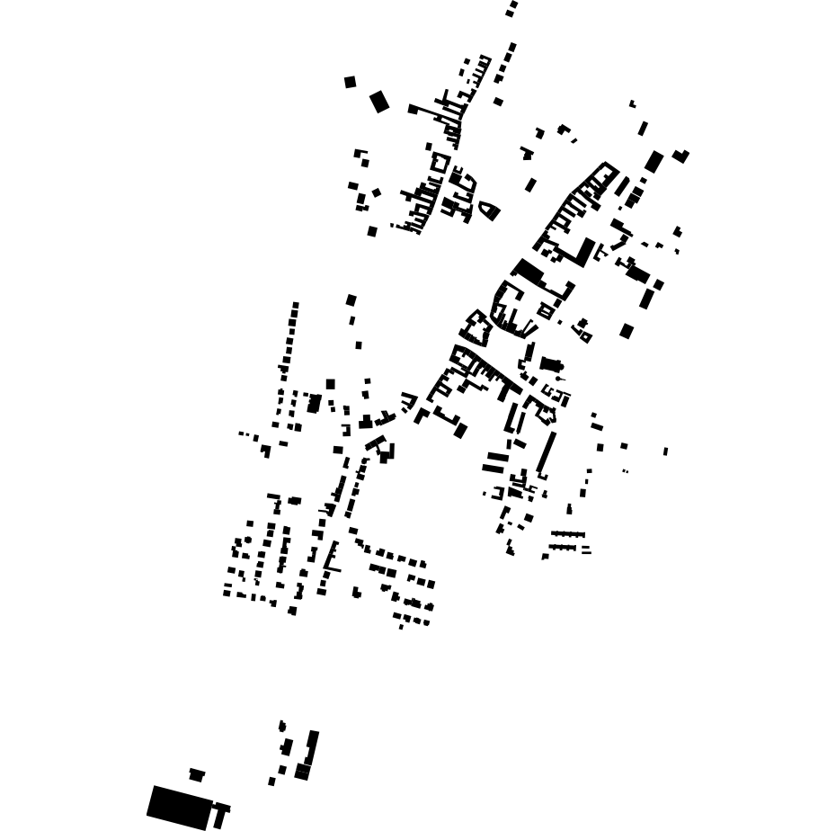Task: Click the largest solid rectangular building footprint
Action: pos(180,807)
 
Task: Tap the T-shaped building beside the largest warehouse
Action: pos(220,814)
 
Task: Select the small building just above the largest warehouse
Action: pos(197,774)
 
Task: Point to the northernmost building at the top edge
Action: pos(513,4)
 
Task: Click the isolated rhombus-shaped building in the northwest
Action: pos(379,102)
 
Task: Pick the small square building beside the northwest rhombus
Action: pos(350,82)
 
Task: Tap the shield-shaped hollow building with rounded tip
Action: pos(489,210)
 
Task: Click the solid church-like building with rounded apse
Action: pos(551,364)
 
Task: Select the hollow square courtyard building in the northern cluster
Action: pos(440,163)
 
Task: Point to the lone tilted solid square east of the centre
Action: pos(627,331)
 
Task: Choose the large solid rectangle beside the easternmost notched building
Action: pos(654,162)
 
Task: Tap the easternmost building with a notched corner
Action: pos(680,156)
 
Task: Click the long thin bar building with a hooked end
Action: pos(547,454)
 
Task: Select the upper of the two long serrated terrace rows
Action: pos(568,534)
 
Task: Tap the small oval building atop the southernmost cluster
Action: pos(282,726)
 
